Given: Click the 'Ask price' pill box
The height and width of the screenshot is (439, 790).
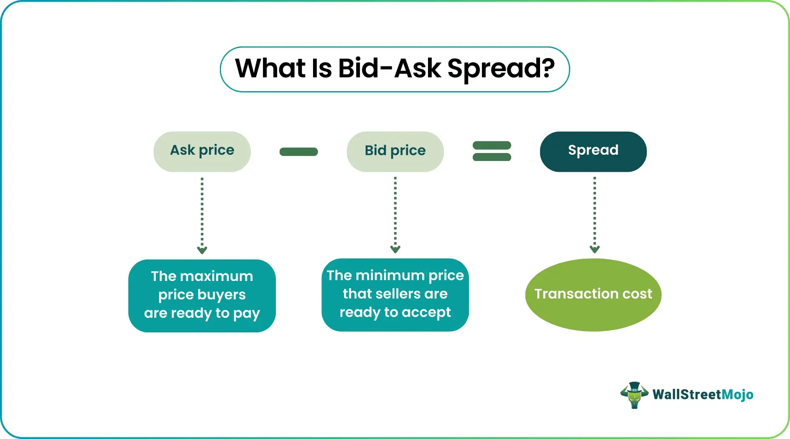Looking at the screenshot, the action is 202,151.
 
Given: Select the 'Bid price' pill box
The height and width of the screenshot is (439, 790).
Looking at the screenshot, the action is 395,151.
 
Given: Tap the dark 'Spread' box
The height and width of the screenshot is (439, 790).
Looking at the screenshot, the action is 593,151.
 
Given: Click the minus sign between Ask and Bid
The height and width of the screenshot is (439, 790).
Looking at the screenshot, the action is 298,152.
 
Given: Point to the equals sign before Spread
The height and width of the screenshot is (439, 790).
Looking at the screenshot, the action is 492,151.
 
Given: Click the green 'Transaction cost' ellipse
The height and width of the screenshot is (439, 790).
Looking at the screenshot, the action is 593,295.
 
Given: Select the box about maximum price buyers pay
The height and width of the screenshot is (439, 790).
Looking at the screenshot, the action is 202,296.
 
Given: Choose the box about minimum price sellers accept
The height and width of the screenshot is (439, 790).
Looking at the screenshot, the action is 395,295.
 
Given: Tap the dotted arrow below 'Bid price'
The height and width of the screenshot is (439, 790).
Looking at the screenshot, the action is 395,215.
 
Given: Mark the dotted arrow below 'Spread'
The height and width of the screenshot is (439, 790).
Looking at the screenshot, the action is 594,215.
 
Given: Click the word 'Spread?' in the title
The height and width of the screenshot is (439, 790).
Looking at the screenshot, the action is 501,69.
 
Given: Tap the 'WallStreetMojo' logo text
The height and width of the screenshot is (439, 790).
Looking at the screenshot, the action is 703,395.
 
